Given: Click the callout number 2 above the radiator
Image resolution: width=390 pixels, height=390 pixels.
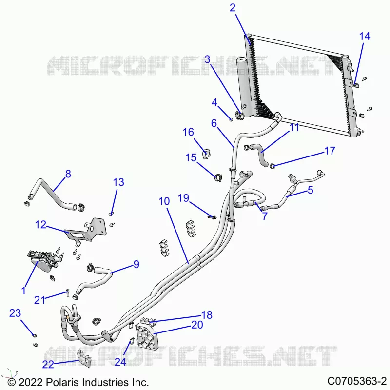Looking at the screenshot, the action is (233, 8).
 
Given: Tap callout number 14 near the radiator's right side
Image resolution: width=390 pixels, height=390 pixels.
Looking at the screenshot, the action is (365, 36).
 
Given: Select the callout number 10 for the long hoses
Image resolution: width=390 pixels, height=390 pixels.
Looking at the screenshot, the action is (164, 201).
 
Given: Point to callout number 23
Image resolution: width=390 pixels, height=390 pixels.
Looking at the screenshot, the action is (15, 313).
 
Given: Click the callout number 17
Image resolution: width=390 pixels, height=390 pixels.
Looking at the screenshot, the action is (330, 151).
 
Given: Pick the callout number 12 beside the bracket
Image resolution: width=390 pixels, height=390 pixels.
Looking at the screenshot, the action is (41, 225).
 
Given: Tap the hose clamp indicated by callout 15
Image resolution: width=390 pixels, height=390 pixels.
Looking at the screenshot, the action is (218, 177).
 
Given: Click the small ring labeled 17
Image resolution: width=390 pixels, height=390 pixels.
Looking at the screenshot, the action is (273, 166).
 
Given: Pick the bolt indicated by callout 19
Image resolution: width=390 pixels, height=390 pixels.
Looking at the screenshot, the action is (212, 217).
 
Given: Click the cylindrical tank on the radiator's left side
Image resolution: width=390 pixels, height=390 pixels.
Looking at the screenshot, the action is (244, 86).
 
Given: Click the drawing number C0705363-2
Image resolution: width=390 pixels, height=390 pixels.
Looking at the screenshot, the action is (357, 381).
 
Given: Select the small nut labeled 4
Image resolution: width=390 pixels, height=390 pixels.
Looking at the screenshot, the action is (231, 120).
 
